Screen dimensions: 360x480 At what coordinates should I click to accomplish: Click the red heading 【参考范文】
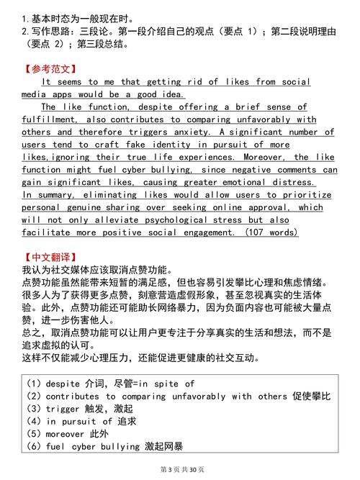click(49, 70)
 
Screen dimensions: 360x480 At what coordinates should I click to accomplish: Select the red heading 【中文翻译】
click(49, 257)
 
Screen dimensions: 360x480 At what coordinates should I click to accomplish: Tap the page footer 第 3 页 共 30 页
click(180, 469)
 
